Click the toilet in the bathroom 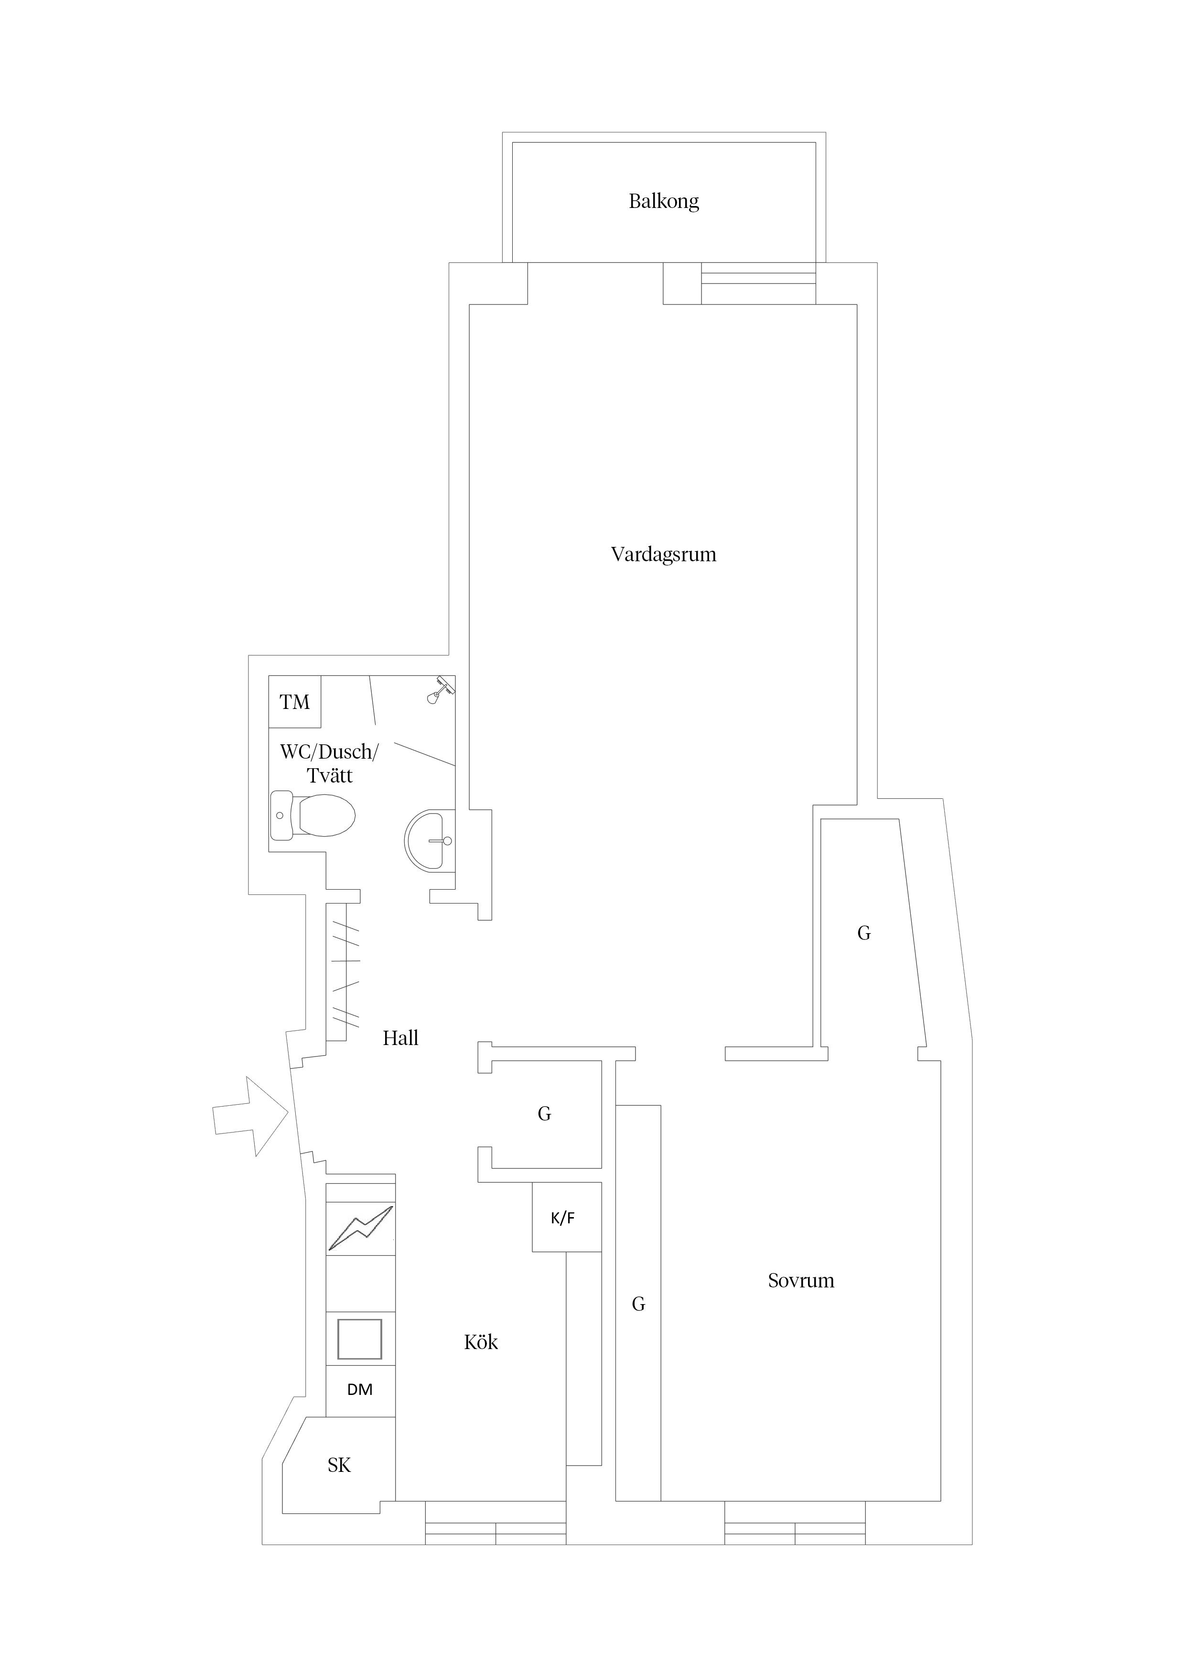pyautogui.click(x=314, y=815)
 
